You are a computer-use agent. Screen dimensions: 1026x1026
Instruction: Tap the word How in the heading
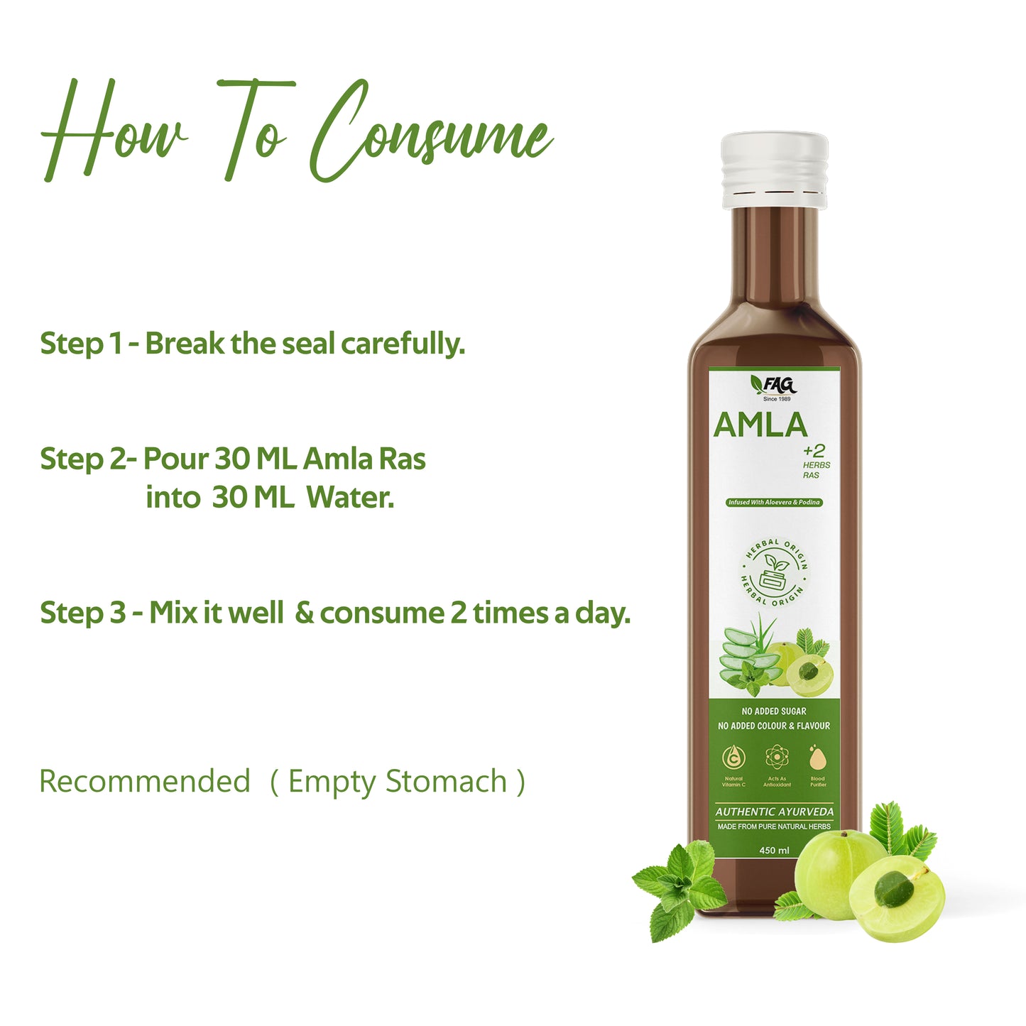point(114,131)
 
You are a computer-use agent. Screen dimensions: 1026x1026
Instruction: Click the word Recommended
point(145,781)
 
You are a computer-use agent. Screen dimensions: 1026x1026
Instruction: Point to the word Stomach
point(447,781)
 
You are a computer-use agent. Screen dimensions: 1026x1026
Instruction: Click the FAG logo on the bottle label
point(775,386)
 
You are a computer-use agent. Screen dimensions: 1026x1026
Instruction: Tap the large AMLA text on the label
point(760,425)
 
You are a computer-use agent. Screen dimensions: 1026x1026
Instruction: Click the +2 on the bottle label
point(814,450)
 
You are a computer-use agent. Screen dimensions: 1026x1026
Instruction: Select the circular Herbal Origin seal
point(775,572)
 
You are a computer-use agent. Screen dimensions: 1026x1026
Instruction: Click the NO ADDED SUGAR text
point(774,711)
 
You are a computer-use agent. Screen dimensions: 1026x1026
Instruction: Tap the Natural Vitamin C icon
point(733,760)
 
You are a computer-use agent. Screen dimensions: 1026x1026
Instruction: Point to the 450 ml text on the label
point(774,850)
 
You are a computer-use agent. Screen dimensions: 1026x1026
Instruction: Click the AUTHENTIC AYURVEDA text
point(775,812)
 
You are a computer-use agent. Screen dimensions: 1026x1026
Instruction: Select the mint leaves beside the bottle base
point(678,888)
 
